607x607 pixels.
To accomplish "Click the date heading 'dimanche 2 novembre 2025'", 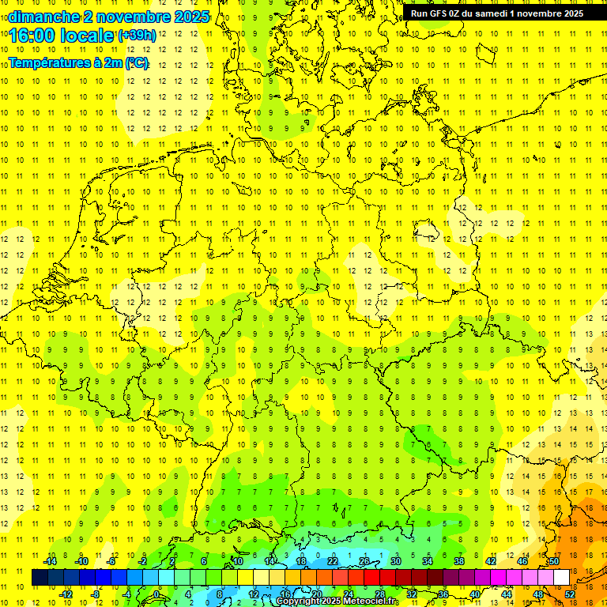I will tap(108, 16).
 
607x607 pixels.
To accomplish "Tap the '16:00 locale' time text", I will tap(61, 36).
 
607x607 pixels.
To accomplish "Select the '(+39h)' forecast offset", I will tap(137, 36).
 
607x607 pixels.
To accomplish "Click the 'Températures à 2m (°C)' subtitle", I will tap(78, 63).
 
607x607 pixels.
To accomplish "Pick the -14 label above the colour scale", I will tap(51, 561).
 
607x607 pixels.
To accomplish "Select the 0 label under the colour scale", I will tap(156, 594).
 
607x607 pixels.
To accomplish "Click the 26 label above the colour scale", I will tap(364, 561).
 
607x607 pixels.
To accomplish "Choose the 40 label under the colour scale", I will tap(474, 594).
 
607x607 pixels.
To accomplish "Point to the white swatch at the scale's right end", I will tap(561, 577).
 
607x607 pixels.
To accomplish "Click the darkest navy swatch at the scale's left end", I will tap(40, 577).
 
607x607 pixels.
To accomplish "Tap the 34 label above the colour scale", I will tap(427, 561).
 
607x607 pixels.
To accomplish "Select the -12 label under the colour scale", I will tap(66, 594).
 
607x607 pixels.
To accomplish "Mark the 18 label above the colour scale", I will tap(300, 561).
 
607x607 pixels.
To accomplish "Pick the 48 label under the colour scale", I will tap(537, 594).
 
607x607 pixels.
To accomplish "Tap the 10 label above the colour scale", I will tap(237, 561).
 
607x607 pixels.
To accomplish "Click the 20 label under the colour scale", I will tap(316, 594).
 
